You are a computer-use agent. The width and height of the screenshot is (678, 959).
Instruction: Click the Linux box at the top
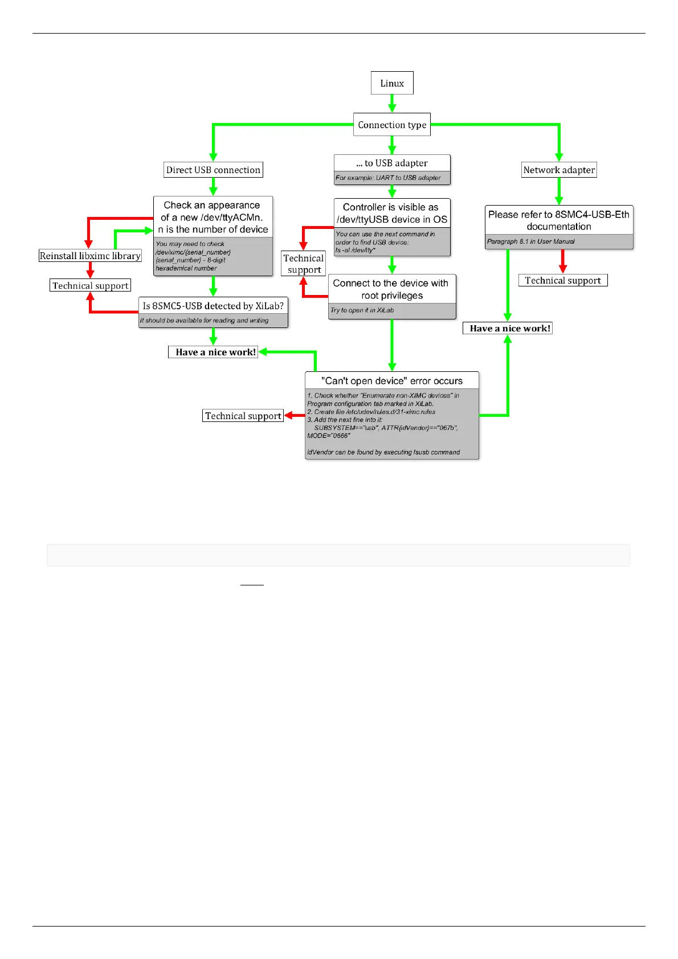point(392,83)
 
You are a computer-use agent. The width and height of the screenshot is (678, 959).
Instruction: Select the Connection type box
point(392,125)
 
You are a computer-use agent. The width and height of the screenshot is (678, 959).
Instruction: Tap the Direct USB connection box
point(213,170)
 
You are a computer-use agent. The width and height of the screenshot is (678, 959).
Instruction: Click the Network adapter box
point(559,170)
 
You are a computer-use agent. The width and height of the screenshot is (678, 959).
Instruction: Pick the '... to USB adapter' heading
point(392,163)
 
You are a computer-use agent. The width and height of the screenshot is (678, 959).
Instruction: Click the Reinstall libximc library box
point(90,256)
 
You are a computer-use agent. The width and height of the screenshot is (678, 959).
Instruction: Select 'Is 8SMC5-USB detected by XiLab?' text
point(213,306)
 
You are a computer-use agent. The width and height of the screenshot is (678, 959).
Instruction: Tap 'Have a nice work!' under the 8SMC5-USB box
point(213,352)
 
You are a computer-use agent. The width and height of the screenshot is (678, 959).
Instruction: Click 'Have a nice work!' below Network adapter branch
point(508,328)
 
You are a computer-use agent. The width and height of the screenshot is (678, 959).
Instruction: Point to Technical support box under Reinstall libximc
point(91,285)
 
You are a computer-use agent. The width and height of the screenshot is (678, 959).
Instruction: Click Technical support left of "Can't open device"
point(243,416)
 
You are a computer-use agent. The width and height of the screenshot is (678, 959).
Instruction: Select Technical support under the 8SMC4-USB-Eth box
point(563,280)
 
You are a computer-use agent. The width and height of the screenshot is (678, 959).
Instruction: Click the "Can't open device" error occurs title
point(392,380)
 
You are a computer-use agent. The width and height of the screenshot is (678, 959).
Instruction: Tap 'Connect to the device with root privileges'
point(391,289)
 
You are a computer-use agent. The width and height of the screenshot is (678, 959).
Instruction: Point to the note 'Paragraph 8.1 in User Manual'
point(531,241)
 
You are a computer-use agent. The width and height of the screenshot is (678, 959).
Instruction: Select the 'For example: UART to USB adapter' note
point(388,178)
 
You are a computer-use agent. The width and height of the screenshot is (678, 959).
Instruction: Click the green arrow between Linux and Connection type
point(392,104)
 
